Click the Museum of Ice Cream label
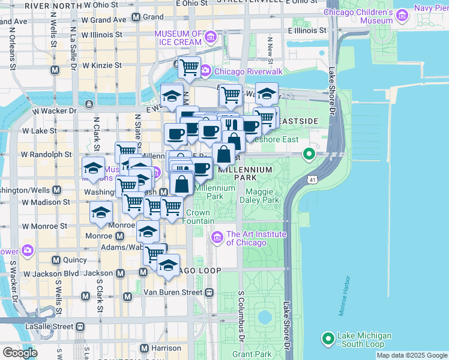pos(178,38)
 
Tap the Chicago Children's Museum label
pos(359,16)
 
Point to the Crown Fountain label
pos(197,217)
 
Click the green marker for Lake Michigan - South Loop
pos(328,339)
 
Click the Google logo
pos(20,352)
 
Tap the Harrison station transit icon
pos(144,348)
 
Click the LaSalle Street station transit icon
pos(79,326)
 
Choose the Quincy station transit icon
pos(56,260)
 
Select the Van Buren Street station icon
pos(209,293)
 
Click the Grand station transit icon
pos(136,17)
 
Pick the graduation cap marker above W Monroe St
pos(101,212)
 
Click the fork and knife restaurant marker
pos(229,125)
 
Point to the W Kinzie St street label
pos(102,65)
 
